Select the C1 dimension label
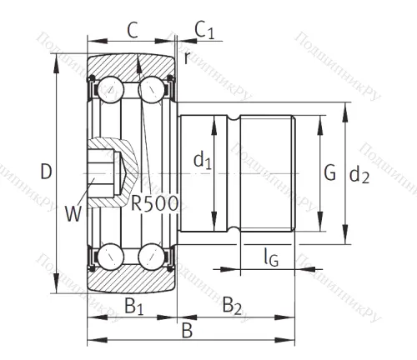tap(204, 31)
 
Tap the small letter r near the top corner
tap(186, 57)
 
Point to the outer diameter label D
tap(46, 172)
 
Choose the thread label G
tap(329, 172)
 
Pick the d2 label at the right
tap(359, 174)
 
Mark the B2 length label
tap(233, 307)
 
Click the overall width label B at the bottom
tap(188, 331)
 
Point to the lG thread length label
tap(269, 257)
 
